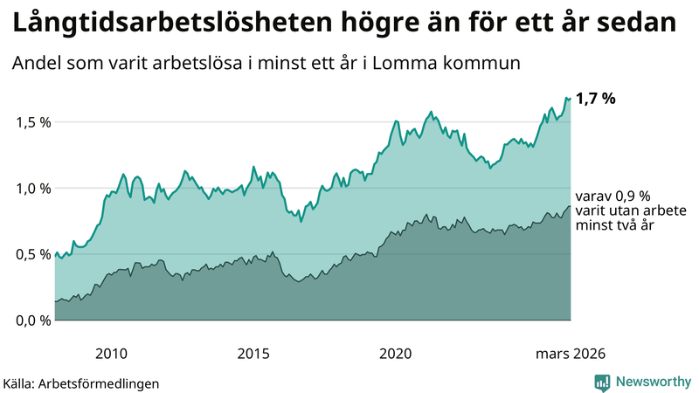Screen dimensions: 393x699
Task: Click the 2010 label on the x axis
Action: [x=111, y=354]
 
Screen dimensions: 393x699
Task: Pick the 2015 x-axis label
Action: [x=253, y=354]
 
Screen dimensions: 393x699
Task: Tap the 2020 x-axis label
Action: [x=395, y=354]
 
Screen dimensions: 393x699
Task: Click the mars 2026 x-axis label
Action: [x=569, y=354]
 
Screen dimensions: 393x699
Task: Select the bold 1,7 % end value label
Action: [x=596, y=99]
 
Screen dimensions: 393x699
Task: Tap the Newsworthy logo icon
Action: [x=602, y=382]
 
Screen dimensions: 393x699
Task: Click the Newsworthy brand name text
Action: [x=653, y=382]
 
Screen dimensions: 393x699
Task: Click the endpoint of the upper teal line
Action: [x=570, y=98]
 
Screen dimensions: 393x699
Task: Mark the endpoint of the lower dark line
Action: [x=570, y=206]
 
